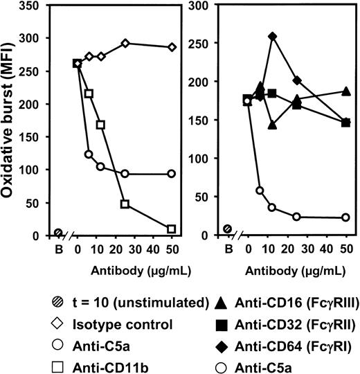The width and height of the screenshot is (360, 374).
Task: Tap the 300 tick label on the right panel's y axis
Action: tap(206, 8)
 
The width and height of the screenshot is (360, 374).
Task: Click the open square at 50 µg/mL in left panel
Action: tap(171, 229)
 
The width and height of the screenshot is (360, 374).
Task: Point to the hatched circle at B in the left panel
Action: tap(58, 233)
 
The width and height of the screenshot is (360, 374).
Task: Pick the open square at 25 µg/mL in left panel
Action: tap(125, 204)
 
